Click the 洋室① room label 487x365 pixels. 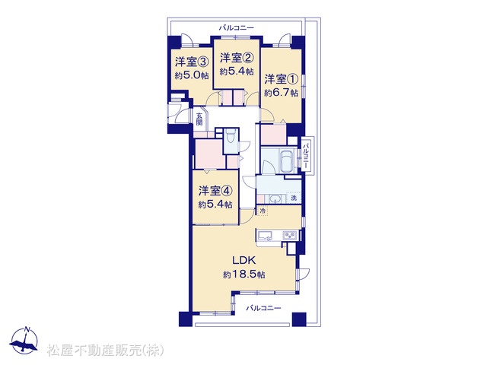click(281, 79)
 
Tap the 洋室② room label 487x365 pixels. click(237, 58)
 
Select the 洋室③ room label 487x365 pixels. click(192, 62)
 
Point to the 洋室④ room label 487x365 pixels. click(215, 191)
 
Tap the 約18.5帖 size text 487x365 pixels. click(244, 275)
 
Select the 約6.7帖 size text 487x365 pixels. click(282, 93)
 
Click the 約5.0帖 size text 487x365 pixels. click(192, 76)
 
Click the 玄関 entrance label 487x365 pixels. click(199, 119)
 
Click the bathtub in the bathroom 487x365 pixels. click(286, 160)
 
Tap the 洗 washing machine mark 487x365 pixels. click(294, 198)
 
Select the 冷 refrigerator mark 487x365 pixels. click(263, 211)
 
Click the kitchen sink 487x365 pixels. click(264, 235)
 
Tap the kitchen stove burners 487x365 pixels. click(290, 235)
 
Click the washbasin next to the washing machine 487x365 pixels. click(274, 198)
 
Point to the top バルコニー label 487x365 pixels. click(237, 28)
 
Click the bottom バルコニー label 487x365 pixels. click(264, 308)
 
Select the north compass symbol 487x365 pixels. click(24, 341)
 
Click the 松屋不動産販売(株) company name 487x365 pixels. click(106, 351)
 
